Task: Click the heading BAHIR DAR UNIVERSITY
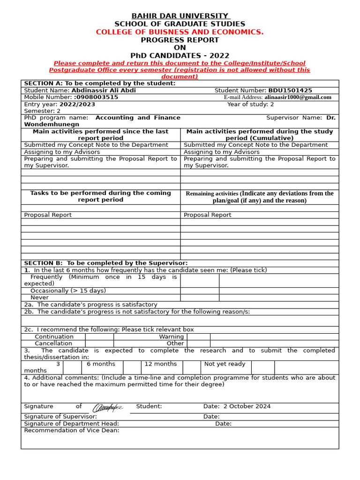(180, 16)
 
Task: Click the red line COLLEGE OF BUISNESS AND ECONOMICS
(180, 32)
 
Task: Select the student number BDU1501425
(290, 90)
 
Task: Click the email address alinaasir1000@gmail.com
(298, 97)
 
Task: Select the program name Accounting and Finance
(138, 118)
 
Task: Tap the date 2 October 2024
(247, 406)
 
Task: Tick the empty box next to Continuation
(99, 337)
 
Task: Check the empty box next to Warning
(198, 337)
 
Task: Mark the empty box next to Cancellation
(99, 344)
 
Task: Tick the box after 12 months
(192, 367)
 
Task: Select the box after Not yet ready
(263, 367)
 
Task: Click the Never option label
(39, 298)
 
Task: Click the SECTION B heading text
(105, 263)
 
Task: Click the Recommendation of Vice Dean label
(71, 430)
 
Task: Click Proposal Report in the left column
(48, 215)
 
